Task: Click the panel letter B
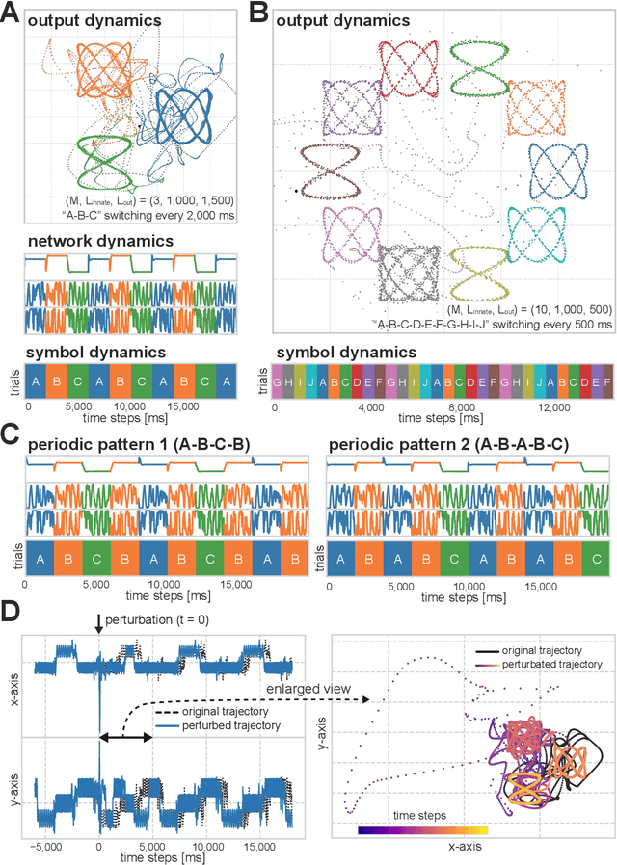pos(258,14)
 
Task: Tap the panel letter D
pos(12,612)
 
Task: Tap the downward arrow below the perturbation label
pos(98,628)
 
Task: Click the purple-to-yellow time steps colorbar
pos(423,828)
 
